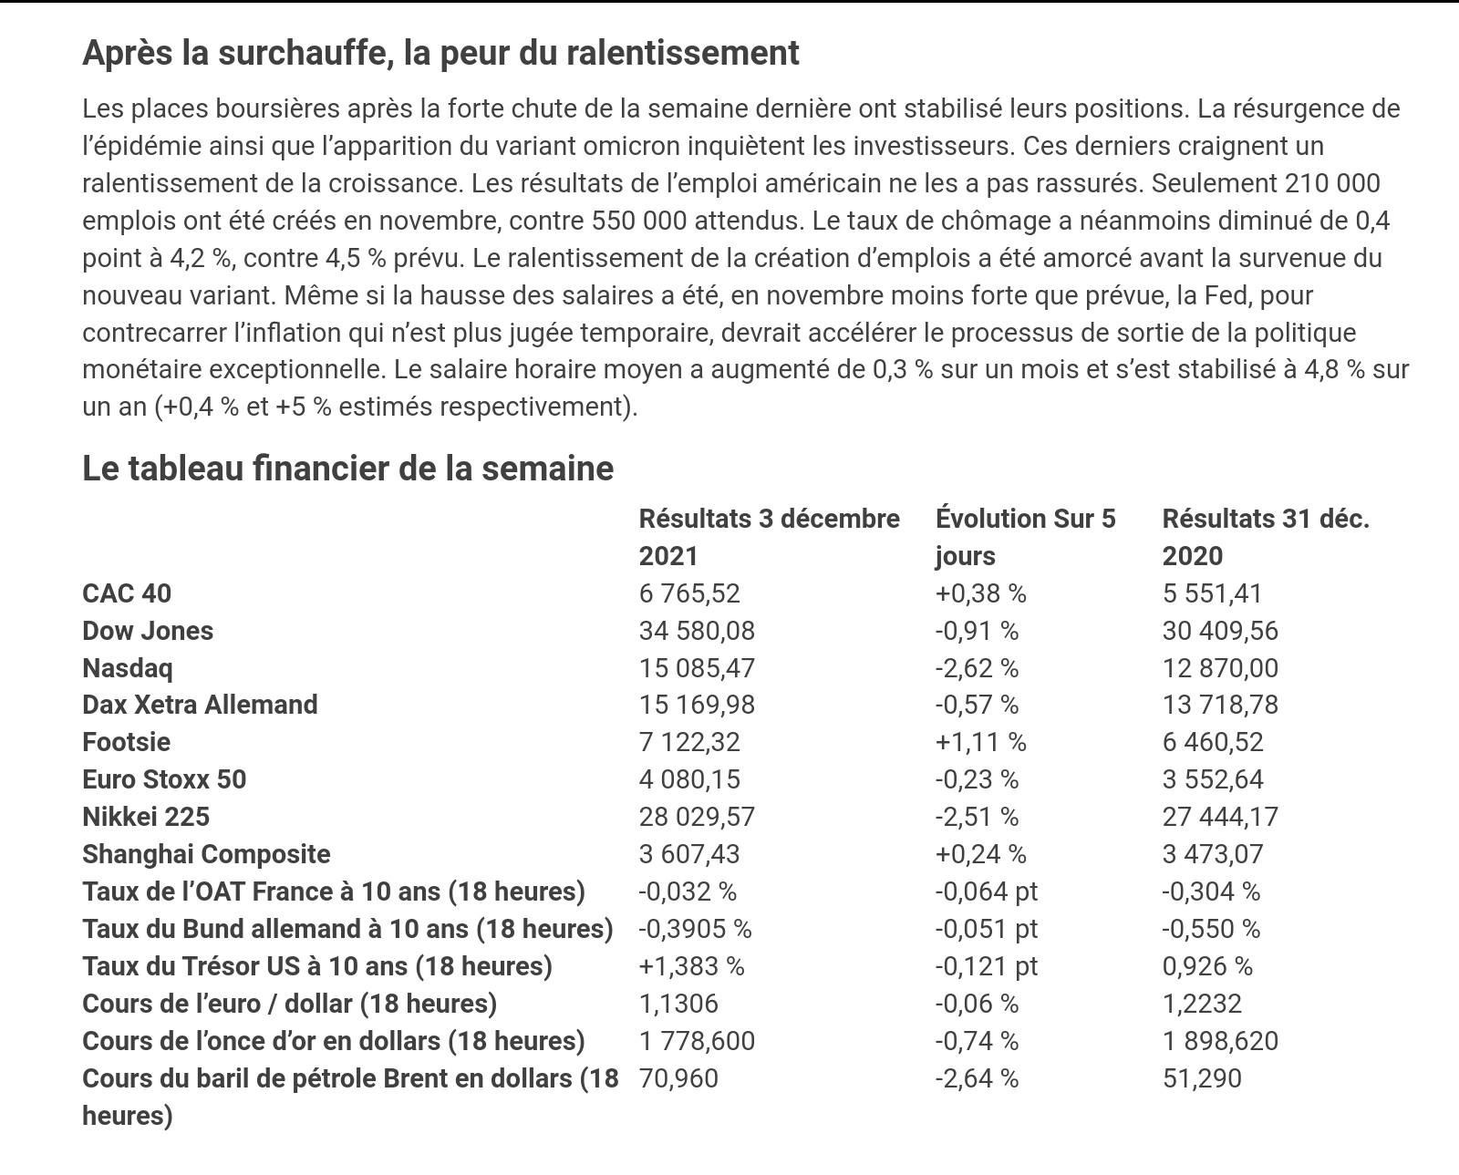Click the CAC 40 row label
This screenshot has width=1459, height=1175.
[127, 593]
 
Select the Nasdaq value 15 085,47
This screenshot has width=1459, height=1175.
[697, 668]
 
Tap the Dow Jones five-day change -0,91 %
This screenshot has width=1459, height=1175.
[977, 631]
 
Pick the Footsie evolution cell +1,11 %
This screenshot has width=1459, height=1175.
[980, 742]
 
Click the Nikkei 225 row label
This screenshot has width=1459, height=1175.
[146, 817]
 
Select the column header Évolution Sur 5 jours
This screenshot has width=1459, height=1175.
[1025, 537]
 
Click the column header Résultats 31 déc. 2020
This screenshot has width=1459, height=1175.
[1266, 537]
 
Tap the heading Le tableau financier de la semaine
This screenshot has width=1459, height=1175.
[347, 469]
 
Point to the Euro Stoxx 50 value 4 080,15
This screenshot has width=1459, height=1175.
[689, 779]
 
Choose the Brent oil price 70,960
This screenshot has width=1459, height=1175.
[678, 1078]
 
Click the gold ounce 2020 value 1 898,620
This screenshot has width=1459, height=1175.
[1220, 1041]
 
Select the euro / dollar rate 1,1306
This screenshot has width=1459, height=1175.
[678, 1004]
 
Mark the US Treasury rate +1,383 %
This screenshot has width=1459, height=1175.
[691, 966]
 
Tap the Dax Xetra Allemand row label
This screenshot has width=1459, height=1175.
[200, 705]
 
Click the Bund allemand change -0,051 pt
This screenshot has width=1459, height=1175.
[986, 929]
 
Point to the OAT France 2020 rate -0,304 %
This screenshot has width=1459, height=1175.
[1211, 892]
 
